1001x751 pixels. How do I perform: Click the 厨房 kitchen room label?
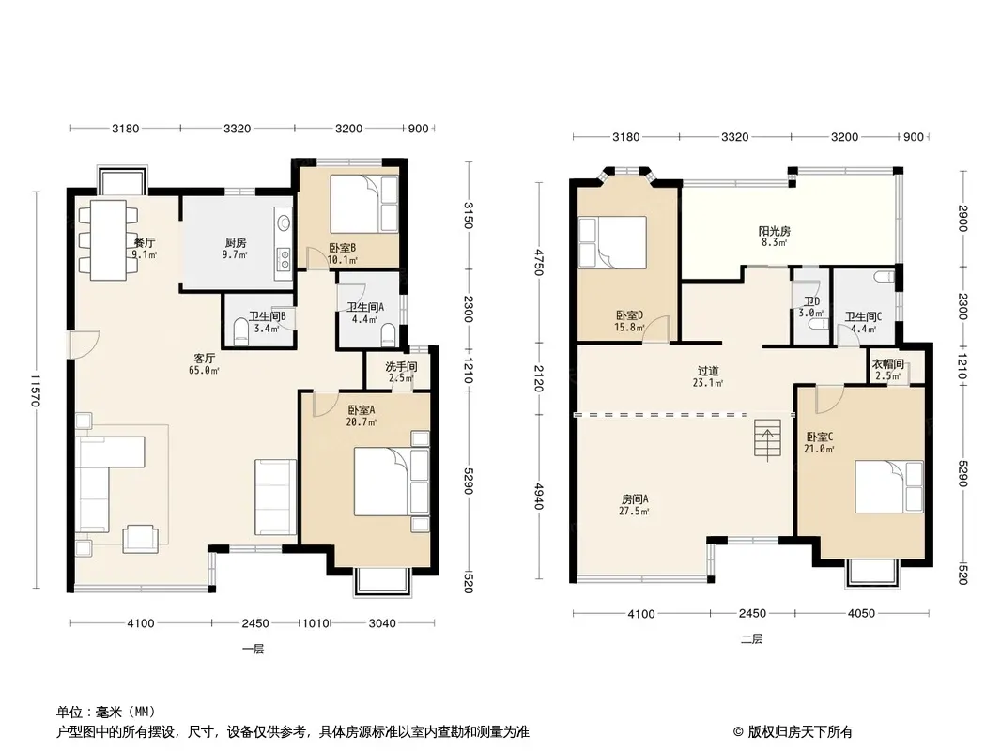pos(236,243)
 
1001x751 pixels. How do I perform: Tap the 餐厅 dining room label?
pos(145,243)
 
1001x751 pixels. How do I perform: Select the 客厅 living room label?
pos(205,359)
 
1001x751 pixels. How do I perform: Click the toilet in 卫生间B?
pos(240,330)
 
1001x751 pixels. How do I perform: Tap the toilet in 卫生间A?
pos(388,333)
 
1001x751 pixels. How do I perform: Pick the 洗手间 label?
pos(401,367)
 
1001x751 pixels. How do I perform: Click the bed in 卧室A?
pos(392,481)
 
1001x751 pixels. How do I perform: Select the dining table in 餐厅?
pos(108,240)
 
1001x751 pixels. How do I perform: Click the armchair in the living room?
pos(141,538)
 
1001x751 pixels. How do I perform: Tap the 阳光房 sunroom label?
pos(775,231)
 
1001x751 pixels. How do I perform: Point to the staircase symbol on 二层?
pos(767,438)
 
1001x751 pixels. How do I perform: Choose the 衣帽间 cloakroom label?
pos(888,364)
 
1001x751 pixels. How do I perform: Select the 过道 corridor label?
pos(708,371)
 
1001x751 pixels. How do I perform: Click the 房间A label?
pos(635,499)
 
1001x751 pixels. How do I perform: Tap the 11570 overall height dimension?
pos(37,391)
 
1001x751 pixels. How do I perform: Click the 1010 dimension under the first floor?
pos(315,623)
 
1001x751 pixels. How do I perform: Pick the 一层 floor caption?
pos(253,650)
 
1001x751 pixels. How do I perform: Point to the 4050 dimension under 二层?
pos(861,614)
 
